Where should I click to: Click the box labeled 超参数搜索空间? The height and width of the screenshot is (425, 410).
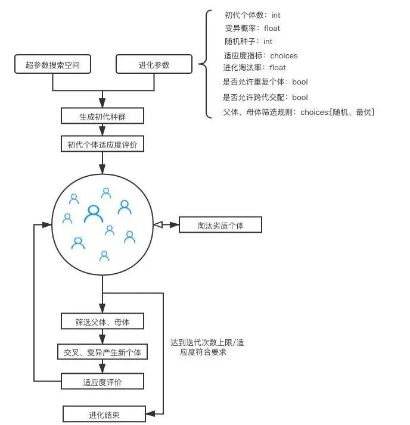[x=52, y=64]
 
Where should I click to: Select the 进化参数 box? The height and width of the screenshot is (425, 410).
[x=154, y=64]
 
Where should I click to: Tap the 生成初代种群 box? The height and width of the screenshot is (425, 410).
[x=102, y=115]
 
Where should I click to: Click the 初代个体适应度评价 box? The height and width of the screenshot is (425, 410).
[x=102, y=144]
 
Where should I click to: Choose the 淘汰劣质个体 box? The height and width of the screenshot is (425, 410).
[x=220, y=226]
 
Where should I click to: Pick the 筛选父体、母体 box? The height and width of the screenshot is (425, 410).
[x=102, y=322]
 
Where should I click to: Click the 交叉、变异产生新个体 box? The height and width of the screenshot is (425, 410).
[x=102, y=352]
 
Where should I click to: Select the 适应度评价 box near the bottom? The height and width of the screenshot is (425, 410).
[x=102, y=382]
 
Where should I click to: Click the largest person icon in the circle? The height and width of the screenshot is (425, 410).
[x=94, y=214]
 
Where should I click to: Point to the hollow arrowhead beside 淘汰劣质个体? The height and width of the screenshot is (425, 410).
[x=158, y=226]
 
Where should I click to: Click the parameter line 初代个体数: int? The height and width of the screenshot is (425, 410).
[x=253, y=15]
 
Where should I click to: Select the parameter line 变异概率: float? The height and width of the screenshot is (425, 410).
[x=253, y=29]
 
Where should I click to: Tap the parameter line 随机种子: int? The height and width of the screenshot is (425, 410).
[x=249, y=42]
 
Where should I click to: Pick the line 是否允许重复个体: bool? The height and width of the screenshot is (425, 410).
[x=265, y=82]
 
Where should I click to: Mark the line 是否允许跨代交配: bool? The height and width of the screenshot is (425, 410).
[x=265, y=97]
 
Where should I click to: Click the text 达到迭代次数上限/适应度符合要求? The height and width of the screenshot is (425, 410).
[x=207, y=347]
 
